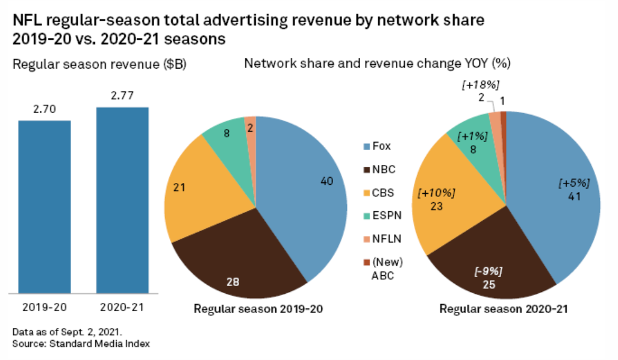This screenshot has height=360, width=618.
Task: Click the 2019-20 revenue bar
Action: (x=44, y=204)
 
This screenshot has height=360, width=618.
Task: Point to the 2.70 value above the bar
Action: (x=44, y=110)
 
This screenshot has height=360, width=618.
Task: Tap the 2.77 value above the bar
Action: (x=122, y=96)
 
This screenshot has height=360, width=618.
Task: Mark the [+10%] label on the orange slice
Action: (x=437, y=193)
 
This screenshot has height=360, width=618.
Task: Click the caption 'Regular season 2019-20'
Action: (x=258, y=309)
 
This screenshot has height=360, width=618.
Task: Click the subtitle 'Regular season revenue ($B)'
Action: (x=100, y=65)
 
